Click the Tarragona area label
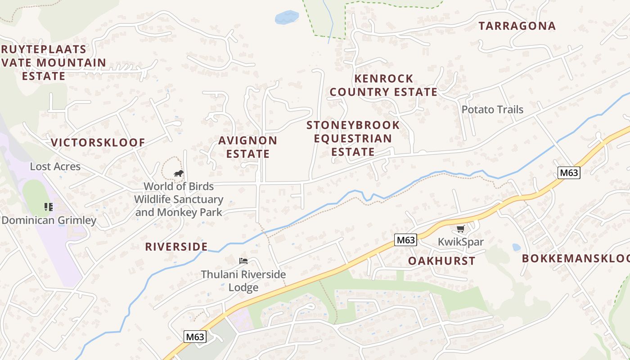(x=517, y=26)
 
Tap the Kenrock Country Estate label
(x=383, y=85)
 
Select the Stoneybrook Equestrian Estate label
(x=353, y=138)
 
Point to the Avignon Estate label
(x=247, y=147)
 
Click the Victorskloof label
(x=98, y=143)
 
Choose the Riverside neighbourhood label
(x=176, y=247)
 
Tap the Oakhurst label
(x=441, y=261)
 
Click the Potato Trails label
(x=492, y=110)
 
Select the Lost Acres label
(x=55, y=166)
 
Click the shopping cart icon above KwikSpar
(x=460, y=229)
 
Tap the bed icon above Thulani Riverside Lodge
(x=243, y=261)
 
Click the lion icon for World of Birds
(x=179, y=173)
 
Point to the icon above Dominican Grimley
(x=49, y=207)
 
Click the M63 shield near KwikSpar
(x=405, y=240)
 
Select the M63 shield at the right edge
(x=569, y=172)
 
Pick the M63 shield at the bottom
(x=195, y=337)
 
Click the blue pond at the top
(x=286, y=18)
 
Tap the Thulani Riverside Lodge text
(x=243, y=281)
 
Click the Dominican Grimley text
(x=49, y=220)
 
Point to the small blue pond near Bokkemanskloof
(x=516, y=247)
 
